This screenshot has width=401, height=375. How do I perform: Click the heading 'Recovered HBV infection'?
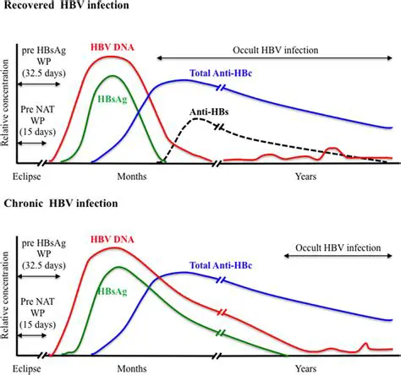click(x=68, y=8)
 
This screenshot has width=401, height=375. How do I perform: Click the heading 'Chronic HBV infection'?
click(x=62, y=204)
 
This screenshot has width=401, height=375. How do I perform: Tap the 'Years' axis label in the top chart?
click(x=305, y=176)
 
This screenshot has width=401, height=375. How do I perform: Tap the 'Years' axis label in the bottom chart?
click(x=305, y=368)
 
